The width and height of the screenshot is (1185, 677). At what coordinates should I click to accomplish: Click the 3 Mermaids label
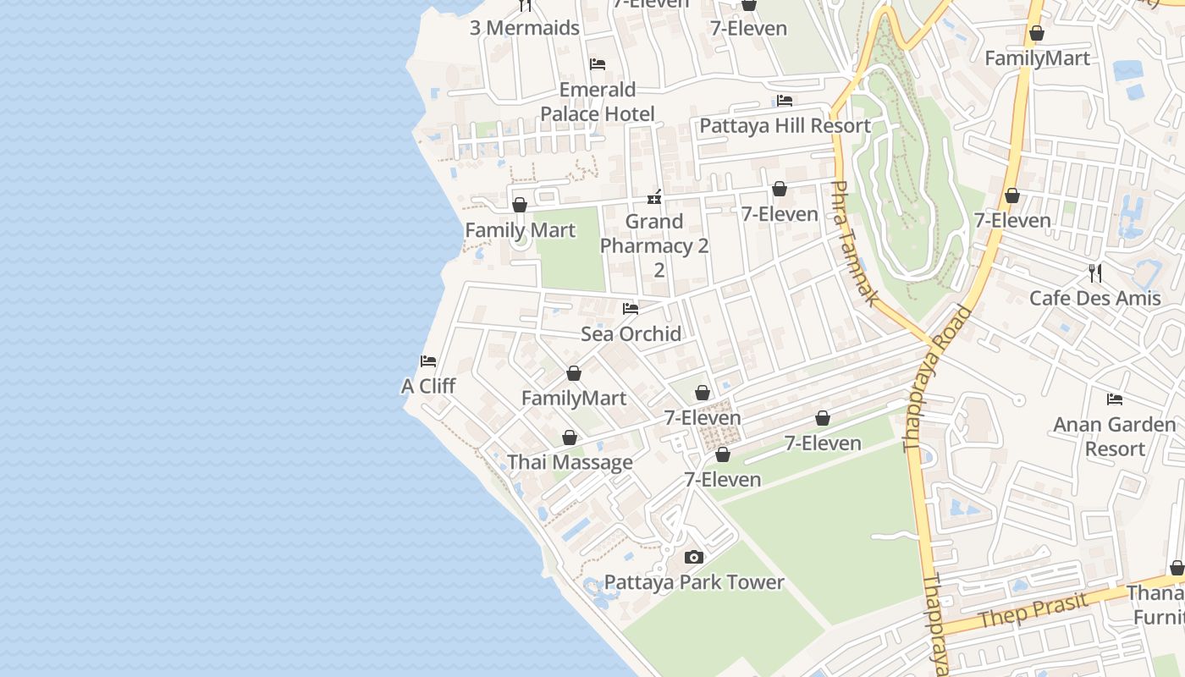[x=525, y=28]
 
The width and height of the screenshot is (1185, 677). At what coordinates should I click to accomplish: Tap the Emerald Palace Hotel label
[x=598, y=102]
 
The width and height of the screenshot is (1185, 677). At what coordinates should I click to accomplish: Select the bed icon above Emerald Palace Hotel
[x=598, y=64]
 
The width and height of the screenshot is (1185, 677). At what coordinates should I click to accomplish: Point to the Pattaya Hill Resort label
[x=785, y=126]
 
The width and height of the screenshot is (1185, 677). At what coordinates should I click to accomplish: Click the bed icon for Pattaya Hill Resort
[x=785, y=101]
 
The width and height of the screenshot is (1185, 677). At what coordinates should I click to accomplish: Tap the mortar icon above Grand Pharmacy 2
[x=654, y=197]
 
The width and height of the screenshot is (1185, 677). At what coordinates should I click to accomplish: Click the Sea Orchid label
[x=631, y=333]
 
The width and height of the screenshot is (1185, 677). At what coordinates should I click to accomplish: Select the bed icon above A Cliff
[x=428, y=361]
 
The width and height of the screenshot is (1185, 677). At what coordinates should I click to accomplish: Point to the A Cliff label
[x=428, y=386]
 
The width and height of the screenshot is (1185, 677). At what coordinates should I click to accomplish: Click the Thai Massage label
[x=570, y=462]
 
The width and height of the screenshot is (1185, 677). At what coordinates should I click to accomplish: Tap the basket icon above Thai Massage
[x=570, y=438]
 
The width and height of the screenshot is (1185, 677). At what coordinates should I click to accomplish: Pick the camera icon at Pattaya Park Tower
[x=694, y=557]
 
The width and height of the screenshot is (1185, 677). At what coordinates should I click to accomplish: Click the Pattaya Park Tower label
[x=694, y=582]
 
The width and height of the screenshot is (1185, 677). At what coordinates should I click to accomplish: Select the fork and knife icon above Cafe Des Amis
[x=1095, y=272]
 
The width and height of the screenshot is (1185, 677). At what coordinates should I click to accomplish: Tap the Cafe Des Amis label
[x=1095, y=298]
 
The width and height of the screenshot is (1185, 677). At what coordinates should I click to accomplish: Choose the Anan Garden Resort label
[x=1115, y=436]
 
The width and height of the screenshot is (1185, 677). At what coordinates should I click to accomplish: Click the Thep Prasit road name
[x=1032, y=611]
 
